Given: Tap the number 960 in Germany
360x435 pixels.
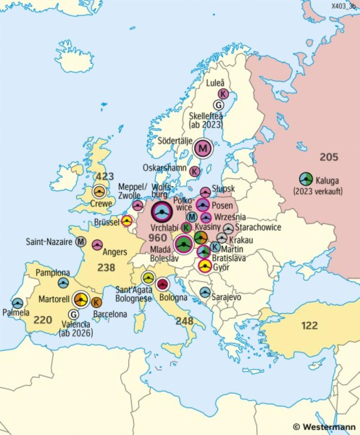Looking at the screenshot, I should [x=158, y=238].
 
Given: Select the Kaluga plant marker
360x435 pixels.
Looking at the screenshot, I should [x=306, y=179].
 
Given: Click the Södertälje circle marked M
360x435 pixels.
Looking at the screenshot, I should [x=203, y=148].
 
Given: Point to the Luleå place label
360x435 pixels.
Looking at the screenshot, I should [x=215, y=83].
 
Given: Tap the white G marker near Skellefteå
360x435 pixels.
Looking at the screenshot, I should [x=218, y=105].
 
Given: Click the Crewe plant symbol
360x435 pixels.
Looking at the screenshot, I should [x=99, y=191].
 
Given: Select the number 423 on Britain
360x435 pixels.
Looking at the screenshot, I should [x=104, y=177].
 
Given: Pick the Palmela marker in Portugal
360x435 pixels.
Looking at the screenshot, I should [x=17, y=303].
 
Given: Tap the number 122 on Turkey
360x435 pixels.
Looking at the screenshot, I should [x=310, y=325].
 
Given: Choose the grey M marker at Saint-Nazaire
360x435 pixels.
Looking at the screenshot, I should [x=81, y=242].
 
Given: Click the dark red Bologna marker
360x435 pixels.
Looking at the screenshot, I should [x=163, y=284].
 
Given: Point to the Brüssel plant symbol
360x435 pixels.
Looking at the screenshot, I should [x=127, y=221].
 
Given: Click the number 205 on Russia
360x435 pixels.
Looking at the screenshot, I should [x=329, y=157].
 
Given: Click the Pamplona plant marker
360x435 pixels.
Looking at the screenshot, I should [x=64, y=283].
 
